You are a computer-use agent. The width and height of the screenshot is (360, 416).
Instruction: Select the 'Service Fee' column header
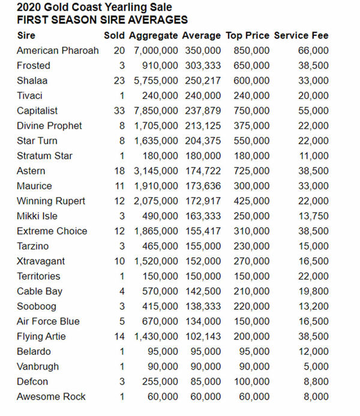pos(301,36)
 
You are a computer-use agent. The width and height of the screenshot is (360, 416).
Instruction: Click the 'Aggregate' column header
pos(154,36)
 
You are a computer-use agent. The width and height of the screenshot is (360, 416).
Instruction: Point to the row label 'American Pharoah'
pos(58,51)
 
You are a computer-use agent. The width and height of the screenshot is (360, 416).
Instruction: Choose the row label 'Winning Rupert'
pos(51,201)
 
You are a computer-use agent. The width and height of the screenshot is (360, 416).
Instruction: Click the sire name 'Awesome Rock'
pos(51,396)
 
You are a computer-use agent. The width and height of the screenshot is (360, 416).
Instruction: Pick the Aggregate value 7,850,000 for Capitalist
pos(156,111)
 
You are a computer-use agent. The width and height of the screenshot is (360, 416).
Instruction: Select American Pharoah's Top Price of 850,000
pos(250,51)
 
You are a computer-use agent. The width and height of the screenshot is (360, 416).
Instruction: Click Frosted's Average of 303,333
pos(202,66)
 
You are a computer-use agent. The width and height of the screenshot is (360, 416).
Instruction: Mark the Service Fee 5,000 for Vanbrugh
pos(317,366)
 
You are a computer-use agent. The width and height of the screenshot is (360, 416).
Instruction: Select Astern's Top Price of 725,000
pos(250,171)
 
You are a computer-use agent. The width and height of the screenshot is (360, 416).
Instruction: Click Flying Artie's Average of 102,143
pos(202,336)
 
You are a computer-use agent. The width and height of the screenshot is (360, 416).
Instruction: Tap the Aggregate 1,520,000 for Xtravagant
pos(156,261)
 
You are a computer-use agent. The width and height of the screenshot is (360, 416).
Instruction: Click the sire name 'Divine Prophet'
pos(49,126)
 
